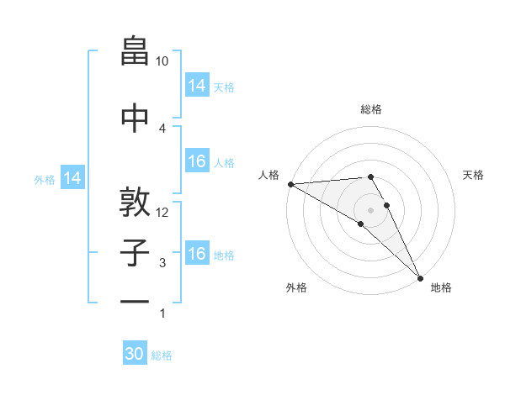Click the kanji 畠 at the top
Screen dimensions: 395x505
(x=135, y=52)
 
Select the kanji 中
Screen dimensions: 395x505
(x=135, y=117)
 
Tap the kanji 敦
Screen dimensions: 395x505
(x=135, y=201)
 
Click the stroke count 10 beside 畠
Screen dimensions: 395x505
(x=162, y=61)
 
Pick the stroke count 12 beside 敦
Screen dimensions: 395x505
(x=162, y=212)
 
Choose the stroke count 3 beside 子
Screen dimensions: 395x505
(x=162, y=263)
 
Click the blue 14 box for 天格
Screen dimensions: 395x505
(x=197, y=86)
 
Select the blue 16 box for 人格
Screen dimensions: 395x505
(x=197, y=162)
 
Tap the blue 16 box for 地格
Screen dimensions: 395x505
(x=197, y=254)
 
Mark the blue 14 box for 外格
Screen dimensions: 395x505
(x=72, y=178)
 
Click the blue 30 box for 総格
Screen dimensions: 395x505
(x=135, y=354)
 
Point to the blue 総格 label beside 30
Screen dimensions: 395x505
(x=162, y=355)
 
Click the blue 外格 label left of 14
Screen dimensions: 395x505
(x=45, y=179)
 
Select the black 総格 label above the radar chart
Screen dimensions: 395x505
(x=371, y=109)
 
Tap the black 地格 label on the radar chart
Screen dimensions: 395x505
(x=441, y=287)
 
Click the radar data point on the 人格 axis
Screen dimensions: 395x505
(x=290, y=184)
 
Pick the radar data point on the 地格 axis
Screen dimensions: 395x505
(x=420, y=277)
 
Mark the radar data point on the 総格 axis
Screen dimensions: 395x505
(x=370, y=176)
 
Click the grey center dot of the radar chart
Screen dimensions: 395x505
(x=370, y=209)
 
